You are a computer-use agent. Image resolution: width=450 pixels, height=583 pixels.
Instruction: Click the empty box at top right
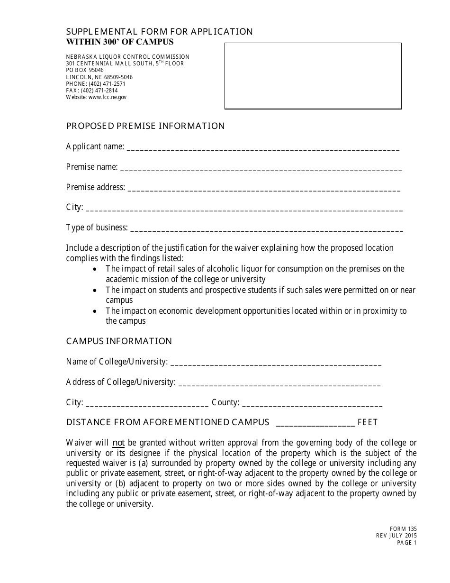tap(313, 76)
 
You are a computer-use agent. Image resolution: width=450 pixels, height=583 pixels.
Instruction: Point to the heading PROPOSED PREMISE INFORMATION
tap(145, 126)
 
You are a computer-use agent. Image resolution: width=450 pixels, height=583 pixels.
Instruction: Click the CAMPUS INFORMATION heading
tap(119, 341)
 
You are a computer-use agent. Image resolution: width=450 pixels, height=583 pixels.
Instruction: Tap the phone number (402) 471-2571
tap(107, 84)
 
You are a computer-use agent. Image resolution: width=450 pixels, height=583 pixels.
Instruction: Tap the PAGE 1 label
tap(407, 543)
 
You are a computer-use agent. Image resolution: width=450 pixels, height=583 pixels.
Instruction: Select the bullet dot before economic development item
tap(96, 311)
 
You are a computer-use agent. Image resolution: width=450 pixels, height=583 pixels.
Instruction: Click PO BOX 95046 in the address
tap(85, 70)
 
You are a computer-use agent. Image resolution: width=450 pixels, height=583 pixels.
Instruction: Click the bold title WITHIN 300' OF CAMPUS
tap(120, 42)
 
